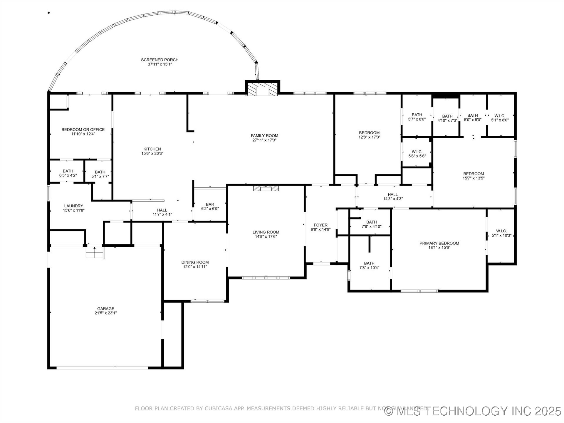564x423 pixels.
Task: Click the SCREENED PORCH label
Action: [160, 60]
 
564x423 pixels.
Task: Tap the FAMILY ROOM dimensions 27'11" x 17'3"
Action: [264, 140]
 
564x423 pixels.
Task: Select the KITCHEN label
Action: [152, 149]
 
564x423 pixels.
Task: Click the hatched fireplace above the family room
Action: [262, 89]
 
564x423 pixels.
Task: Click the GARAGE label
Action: [106, 309]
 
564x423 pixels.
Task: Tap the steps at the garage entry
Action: [95, 253]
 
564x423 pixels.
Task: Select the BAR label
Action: [210, 204]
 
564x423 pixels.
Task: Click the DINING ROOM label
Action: [195, 262]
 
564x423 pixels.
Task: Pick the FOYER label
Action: [320, 225]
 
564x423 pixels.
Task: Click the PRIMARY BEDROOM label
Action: [439, 243]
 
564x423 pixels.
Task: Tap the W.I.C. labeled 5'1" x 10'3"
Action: [501, 233]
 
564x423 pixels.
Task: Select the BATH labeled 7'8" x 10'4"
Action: [369, 265]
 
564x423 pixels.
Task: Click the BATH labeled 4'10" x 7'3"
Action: [447, 118]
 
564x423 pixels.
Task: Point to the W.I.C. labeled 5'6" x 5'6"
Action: [417, 154]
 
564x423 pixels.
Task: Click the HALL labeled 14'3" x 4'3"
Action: [392, 197]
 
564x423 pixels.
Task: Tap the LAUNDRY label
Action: [73, 206]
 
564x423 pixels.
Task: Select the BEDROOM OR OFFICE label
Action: [83, 130]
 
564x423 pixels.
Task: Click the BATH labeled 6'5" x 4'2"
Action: [68, 173]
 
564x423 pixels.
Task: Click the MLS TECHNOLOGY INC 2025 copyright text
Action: [473, 411]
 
